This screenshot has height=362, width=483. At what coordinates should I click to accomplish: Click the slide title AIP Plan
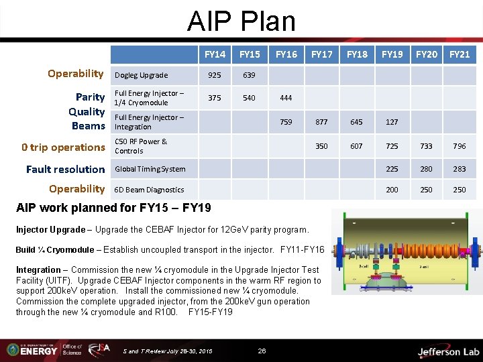[241, 21]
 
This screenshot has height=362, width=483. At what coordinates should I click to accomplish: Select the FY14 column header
[215, 54]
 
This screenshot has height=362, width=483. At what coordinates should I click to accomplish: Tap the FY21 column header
[460, 54]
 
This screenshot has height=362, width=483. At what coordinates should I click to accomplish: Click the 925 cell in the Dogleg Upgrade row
[215, 75]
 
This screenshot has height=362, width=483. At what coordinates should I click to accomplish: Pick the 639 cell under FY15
[249, 75]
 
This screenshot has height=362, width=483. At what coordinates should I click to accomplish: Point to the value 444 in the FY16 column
[286, 98]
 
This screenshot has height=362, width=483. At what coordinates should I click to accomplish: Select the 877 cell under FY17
[321, 122]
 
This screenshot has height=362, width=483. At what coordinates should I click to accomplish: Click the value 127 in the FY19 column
[392, 122]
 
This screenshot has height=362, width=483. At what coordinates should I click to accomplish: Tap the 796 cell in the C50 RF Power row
[460, 146]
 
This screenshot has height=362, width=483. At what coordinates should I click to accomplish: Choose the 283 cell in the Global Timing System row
[460, 169]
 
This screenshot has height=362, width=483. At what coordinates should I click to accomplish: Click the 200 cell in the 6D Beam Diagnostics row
[392, 190]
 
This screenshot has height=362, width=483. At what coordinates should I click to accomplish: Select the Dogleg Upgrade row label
[142, 75]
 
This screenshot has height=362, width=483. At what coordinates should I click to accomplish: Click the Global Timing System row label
[150, 169]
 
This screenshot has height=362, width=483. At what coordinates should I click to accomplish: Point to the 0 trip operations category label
[63, 147]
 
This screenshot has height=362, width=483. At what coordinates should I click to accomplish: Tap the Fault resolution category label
[65, 169]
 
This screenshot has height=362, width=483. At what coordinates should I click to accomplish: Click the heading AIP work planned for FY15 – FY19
[113, 208]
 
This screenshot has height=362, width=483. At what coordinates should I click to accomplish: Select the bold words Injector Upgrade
[51, 230]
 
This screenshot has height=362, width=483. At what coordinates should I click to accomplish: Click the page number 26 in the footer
[262, 351]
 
